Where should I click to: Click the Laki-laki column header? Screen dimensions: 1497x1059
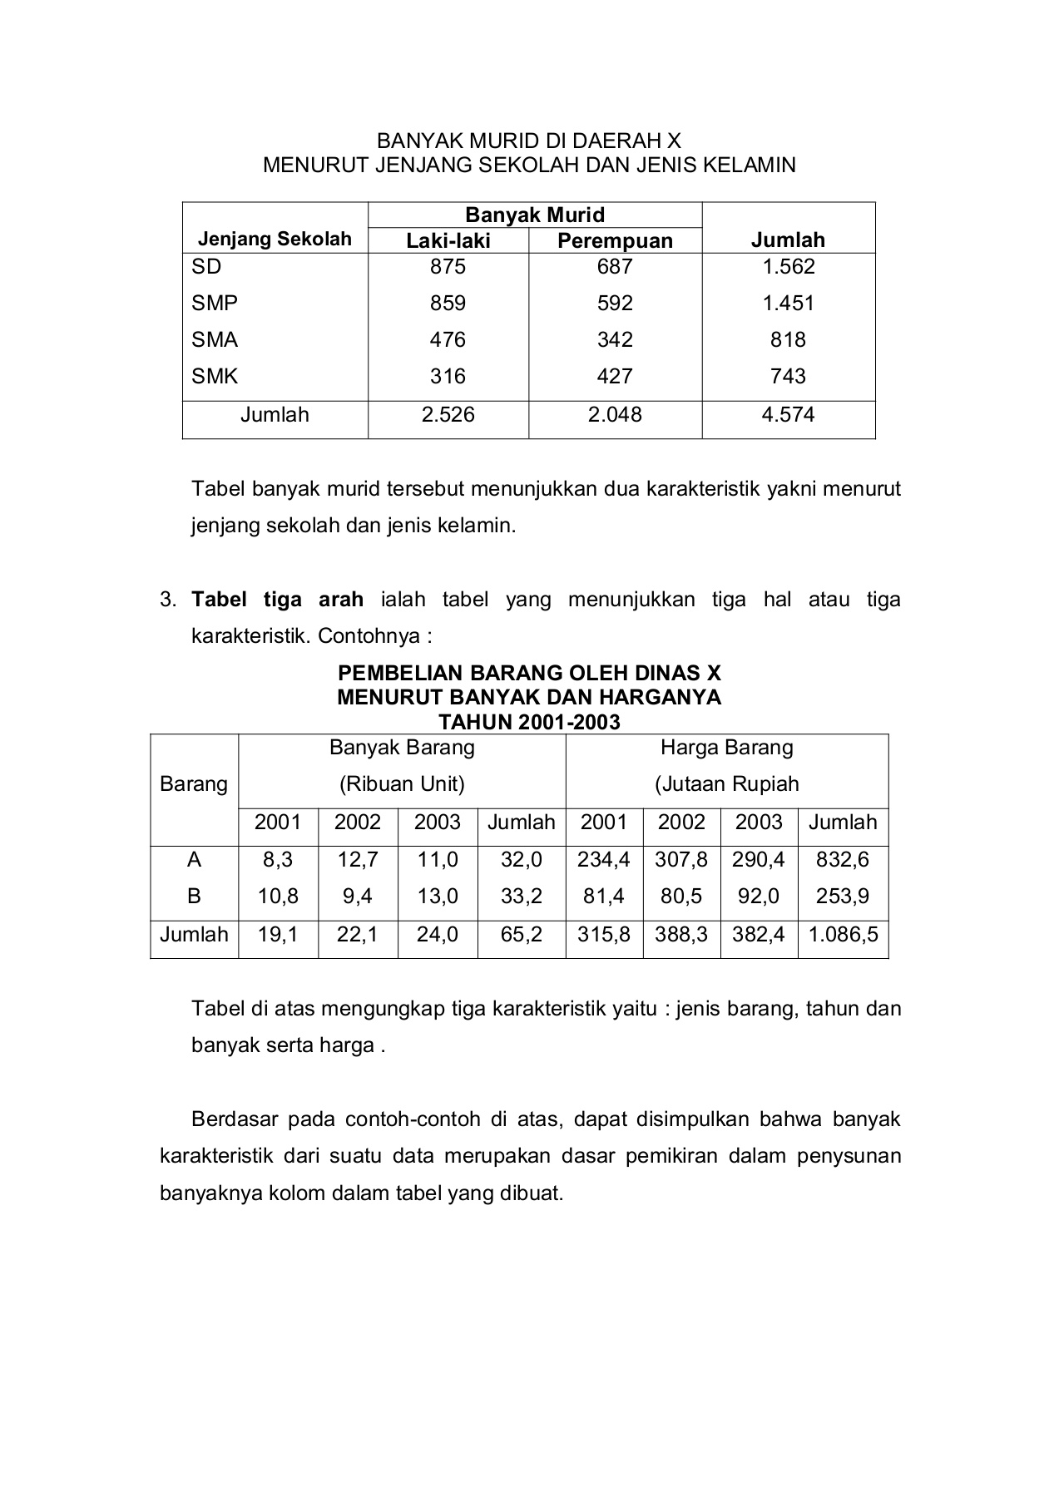click(x=448, y=241)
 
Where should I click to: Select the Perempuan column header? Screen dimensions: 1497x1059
click(x=615, y=241)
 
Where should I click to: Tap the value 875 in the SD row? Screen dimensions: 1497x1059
click(x=448, y=267)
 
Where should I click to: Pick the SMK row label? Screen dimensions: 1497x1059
click(x=215, y=377)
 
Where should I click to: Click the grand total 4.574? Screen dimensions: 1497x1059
click(x=788, y=415)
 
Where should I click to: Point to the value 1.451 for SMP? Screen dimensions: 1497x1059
click(x=788, y=304)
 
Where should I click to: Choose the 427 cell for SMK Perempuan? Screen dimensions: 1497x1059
click(x=615, y=377)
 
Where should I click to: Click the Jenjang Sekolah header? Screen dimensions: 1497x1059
click(x=275, y=240)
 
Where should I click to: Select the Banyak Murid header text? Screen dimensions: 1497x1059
click(x=534, y=215)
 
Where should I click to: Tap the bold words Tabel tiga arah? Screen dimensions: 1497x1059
click(x=277, y=600)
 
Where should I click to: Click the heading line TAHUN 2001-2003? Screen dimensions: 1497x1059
click(x=529, y=722)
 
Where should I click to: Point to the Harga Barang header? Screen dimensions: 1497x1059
click(x=726, y=748)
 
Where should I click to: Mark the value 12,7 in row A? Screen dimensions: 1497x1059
click(x=358, y=859)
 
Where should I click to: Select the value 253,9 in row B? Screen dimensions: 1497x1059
click(x=843, y=897)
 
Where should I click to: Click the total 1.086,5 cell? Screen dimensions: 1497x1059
click(x=843, y=935)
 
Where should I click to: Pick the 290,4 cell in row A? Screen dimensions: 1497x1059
click(x=758, y=859)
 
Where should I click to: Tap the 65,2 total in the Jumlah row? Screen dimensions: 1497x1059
click(x=521, y=935)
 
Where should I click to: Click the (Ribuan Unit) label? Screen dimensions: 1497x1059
click(x=402, y=784)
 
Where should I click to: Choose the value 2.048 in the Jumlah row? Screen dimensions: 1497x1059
click(x=615, y=415)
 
